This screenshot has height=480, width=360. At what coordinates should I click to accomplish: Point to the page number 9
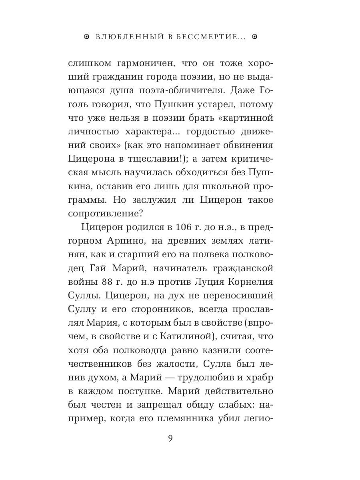click(170, 438)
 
